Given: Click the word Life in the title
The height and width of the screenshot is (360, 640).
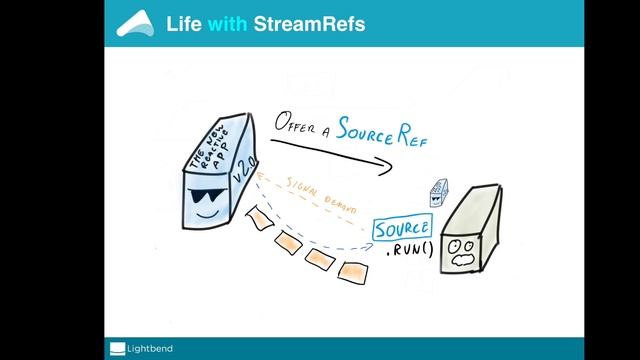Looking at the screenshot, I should pos(184,22).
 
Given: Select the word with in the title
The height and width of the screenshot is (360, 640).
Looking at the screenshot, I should pos(229,22).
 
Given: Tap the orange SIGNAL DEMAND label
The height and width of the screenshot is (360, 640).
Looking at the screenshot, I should pos(316,192).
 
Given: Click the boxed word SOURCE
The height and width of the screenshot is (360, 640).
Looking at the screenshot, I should pos(402,229).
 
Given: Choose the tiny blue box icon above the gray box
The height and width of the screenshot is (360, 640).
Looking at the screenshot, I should pos(436,193).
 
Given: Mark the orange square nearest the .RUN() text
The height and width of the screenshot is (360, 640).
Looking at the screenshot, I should pos(350,271).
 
